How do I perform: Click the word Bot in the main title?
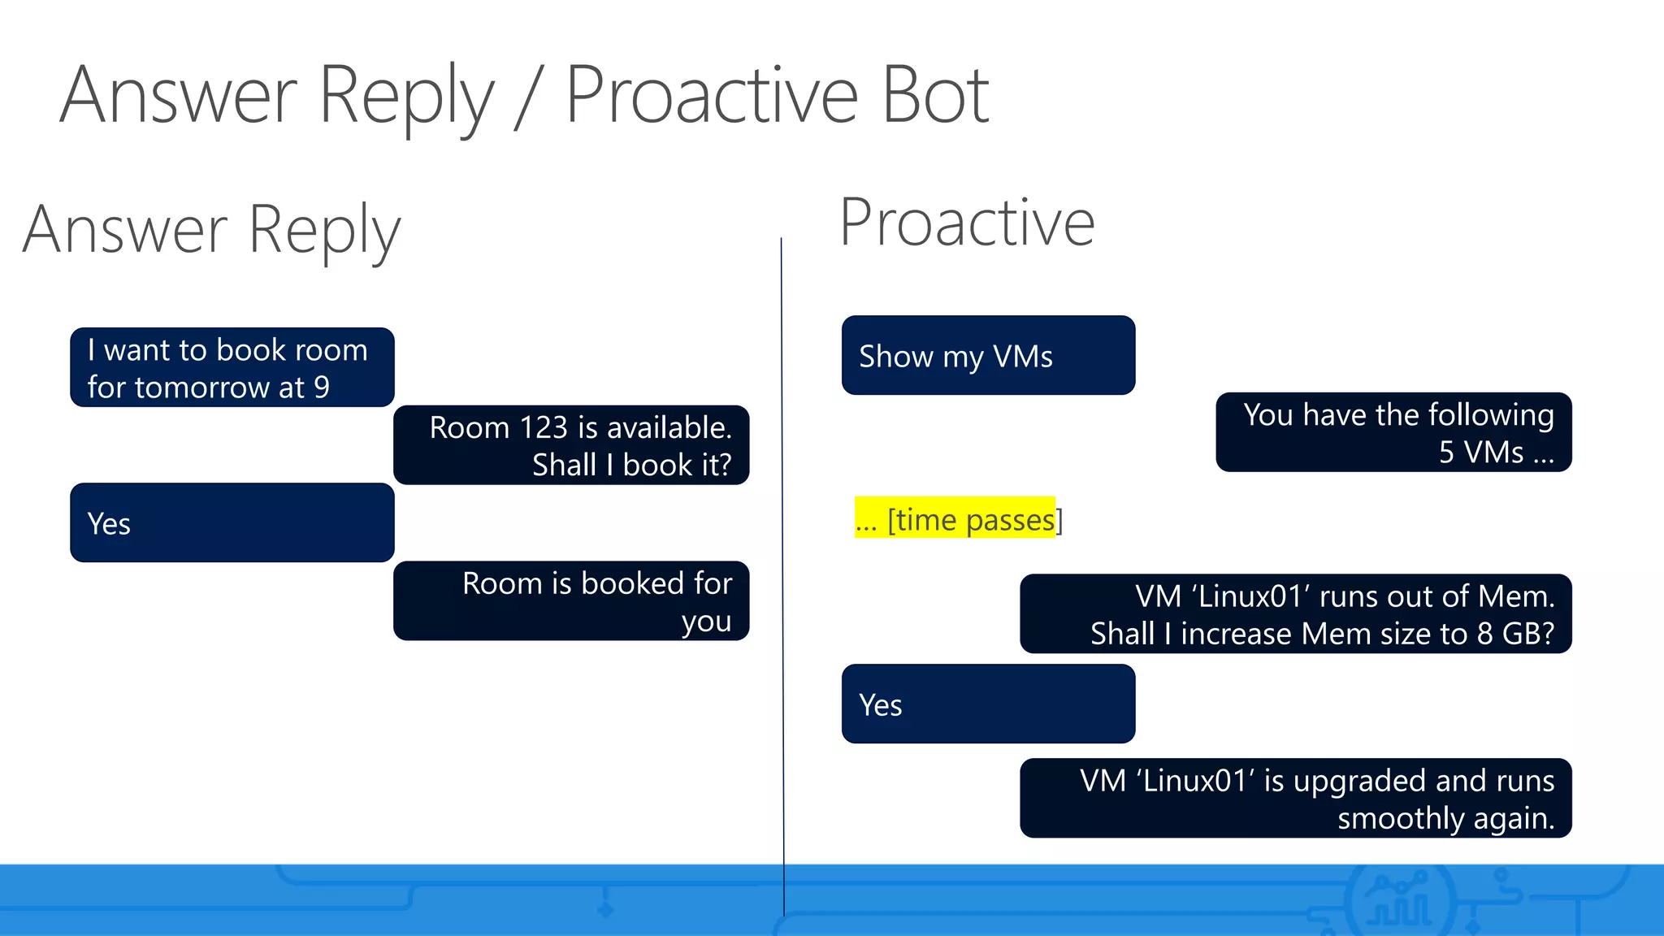pyautogui.click(x=935, y=97)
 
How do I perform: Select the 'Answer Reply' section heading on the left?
pyautogui.click(x=212, y=230)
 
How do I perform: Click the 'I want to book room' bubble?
pyautogui.click(x=232, y=367)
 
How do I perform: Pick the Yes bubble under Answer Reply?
pyautogui.click(x=232, y=522)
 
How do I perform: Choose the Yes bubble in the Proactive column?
pyautogui.click(x=988, y=704)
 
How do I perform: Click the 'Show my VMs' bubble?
pyautogui.click(x=988, y=356)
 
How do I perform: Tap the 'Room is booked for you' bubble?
pyautogui.click(x=570, y=601)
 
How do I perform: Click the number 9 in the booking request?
pyautogui.click(x=322, y=388)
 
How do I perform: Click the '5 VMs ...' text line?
pyautogui.click(x=1495, y=453)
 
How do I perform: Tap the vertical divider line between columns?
pyautogui.click(x=782, y=569)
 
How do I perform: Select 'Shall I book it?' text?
pyautogui.click(x=631, y=466)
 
